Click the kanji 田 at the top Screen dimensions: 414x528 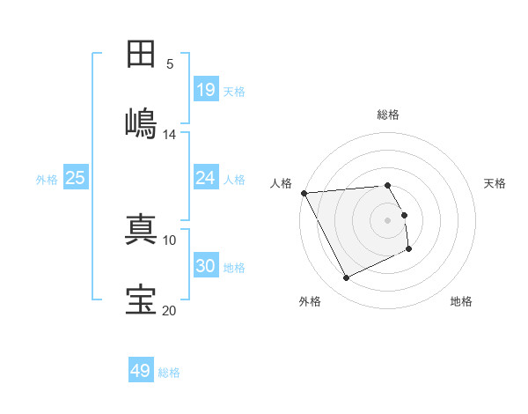pos(141,55)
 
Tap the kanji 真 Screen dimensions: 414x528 pos(141,228)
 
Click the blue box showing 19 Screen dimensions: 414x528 pos(206,90)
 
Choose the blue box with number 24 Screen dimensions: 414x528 pos(206,178)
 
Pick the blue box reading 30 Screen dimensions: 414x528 pos(206,266)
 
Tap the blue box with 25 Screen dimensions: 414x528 pos(76,178)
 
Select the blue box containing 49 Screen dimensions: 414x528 pos(141,371)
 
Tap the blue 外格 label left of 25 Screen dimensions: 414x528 pos(47,179)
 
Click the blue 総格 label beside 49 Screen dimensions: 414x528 pos(169,373)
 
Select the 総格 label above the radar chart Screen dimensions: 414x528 pos(388,115)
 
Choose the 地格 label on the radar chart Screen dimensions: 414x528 pos(461,301)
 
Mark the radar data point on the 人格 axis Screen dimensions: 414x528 pos(304,193)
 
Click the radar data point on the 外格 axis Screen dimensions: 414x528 pos(346,278)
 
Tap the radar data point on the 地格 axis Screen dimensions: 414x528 pos(409,250)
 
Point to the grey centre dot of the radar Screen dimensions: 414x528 pos(388,220)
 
